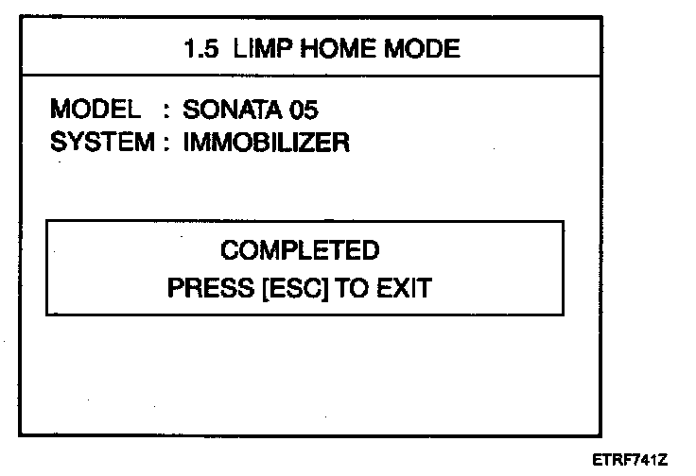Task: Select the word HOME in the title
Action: pyautogui.click(x=326, y=48)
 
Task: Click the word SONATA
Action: pyautogui.click(x=226, y=110)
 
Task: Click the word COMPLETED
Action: pyautogui.click(x=300, y=250)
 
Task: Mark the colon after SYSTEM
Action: pyautogui.click(x=166, y=144)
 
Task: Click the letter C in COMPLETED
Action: pyautogui.click(x=228, y=250)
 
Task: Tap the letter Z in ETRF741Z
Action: pyautogui.click(x=663, y=459)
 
